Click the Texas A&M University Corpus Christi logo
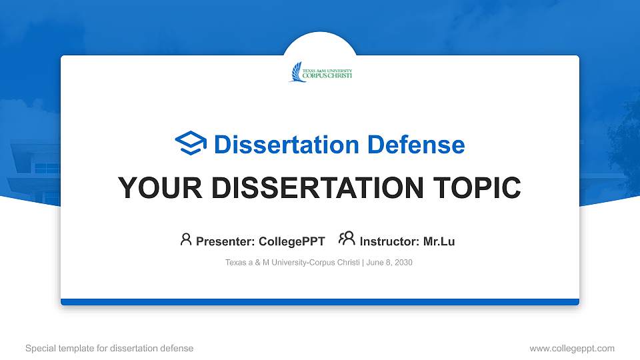coord(321,72)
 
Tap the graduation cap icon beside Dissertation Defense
coord(191,143)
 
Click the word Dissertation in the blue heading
coord(287,145)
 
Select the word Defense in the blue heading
coord(416,145)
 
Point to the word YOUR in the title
coord(160,188)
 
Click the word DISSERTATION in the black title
coord(317,188)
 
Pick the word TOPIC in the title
coord(477,188)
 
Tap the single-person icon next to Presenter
coord(186,239)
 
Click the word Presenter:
coord(225,241)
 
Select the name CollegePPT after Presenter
coord(292,241)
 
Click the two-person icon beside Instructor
coord(347,239)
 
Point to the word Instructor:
coord(389,241)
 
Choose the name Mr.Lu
coord(439,241)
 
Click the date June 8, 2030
coord(389,263)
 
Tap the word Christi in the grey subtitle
coord(348,263)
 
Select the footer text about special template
coord(109,348)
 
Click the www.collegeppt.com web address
coord(572,348)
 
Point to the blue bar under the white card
coord(320,302)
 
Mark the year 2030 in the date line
coord(403,263)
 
